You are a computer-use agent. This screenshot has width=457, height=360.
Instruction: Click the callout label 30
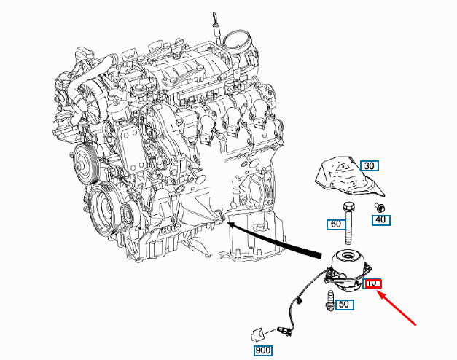pyautogui.click(x=369, y=166)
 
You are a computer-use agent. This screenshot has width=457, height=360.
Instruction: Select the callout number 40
pyautogui.click(x=381, y=219)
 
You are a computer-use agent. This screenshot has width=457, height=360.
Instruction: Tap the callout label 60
pyautogui.click(x=335, y=224)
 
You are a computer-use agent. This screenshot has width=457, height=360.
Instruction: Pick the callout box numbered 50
pyautogui.click(x=344, y=305)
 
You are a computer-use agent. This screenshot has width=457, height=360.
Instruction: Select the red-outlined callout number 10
pyautogui.click(x=372, y=283)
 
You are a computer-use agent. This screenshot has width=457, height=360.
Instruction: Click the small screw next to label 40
pyautogui.click(x=380, y=207)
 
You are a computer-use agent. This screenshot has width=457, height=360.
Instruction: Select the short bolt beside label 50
pyautogui.click(x=330, y=300)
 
